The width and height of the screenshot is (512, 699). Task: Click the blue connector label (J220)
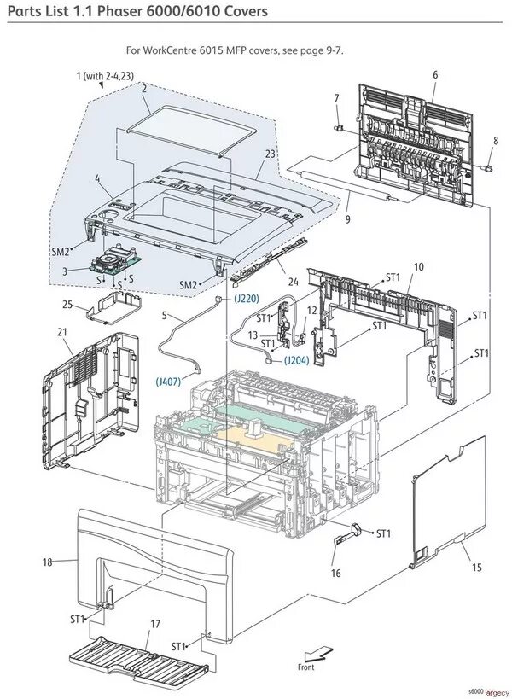pyautogui.click(x=247, y=299)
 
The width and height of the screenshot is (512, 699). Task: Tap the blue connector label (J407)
pyautogui.click(x=168, y=382)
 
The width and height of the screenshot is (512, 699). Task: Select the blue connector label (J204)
pyautogui.click(x=296, y=360)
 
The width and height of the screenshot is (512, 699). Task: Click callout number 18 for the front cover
pyautogui.click(x=48, y=562)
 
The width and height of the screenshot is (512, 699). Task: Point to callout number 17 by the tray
pyautogui.click(x=155, y=624)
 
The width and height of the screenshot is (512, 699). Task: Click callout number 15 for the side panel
pyautogui.click(x=476, y=567)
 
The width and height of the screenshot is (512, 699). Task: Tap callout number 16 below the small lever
pyautogui.click(x=336, y=574)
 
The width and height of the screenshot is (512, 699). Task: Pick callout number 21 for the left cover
pyautogui.click(x=61, y=331)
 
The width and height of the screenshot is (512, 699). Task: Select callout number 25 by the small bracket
pyautogui.click(x=67, y=304)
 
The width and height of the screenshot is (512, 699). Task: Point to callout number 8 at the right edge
pyautogui.click(x=496, y=140)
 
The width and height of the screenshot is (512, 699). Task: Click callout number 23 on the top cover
pyautogui.click(x=270, y=154)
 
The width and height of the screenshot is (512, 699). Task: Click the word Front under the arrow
pyautogui.click(x=305, y=667)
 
